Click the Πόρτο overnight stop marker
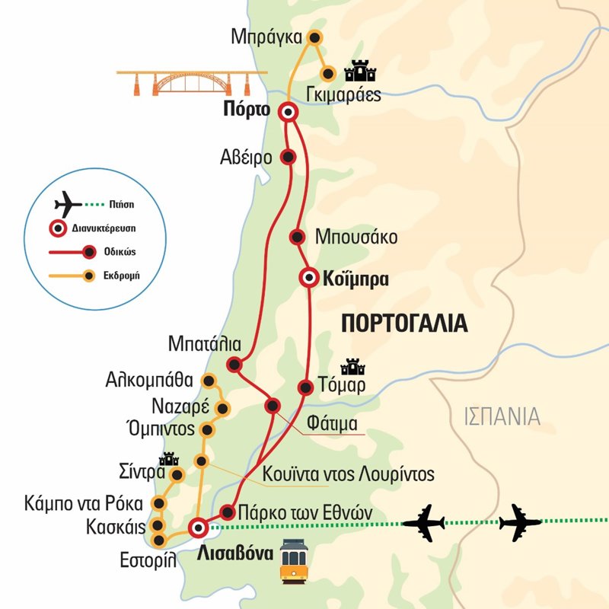coord(288,113)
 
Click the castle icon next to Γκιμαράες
coord(362,72)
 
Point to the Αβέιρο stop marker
coord(288,157)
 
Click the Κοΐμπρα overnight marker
coord(308,279)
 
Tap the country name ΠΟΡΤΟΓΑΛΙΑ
coord(403,323)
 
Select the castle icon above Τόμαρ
coord(352,367)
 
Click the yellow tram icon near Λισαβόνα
coord(294,561)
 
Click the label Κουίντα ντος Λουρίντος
coord(348,474)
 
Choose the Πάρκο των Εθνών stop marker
coord(227,511)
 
